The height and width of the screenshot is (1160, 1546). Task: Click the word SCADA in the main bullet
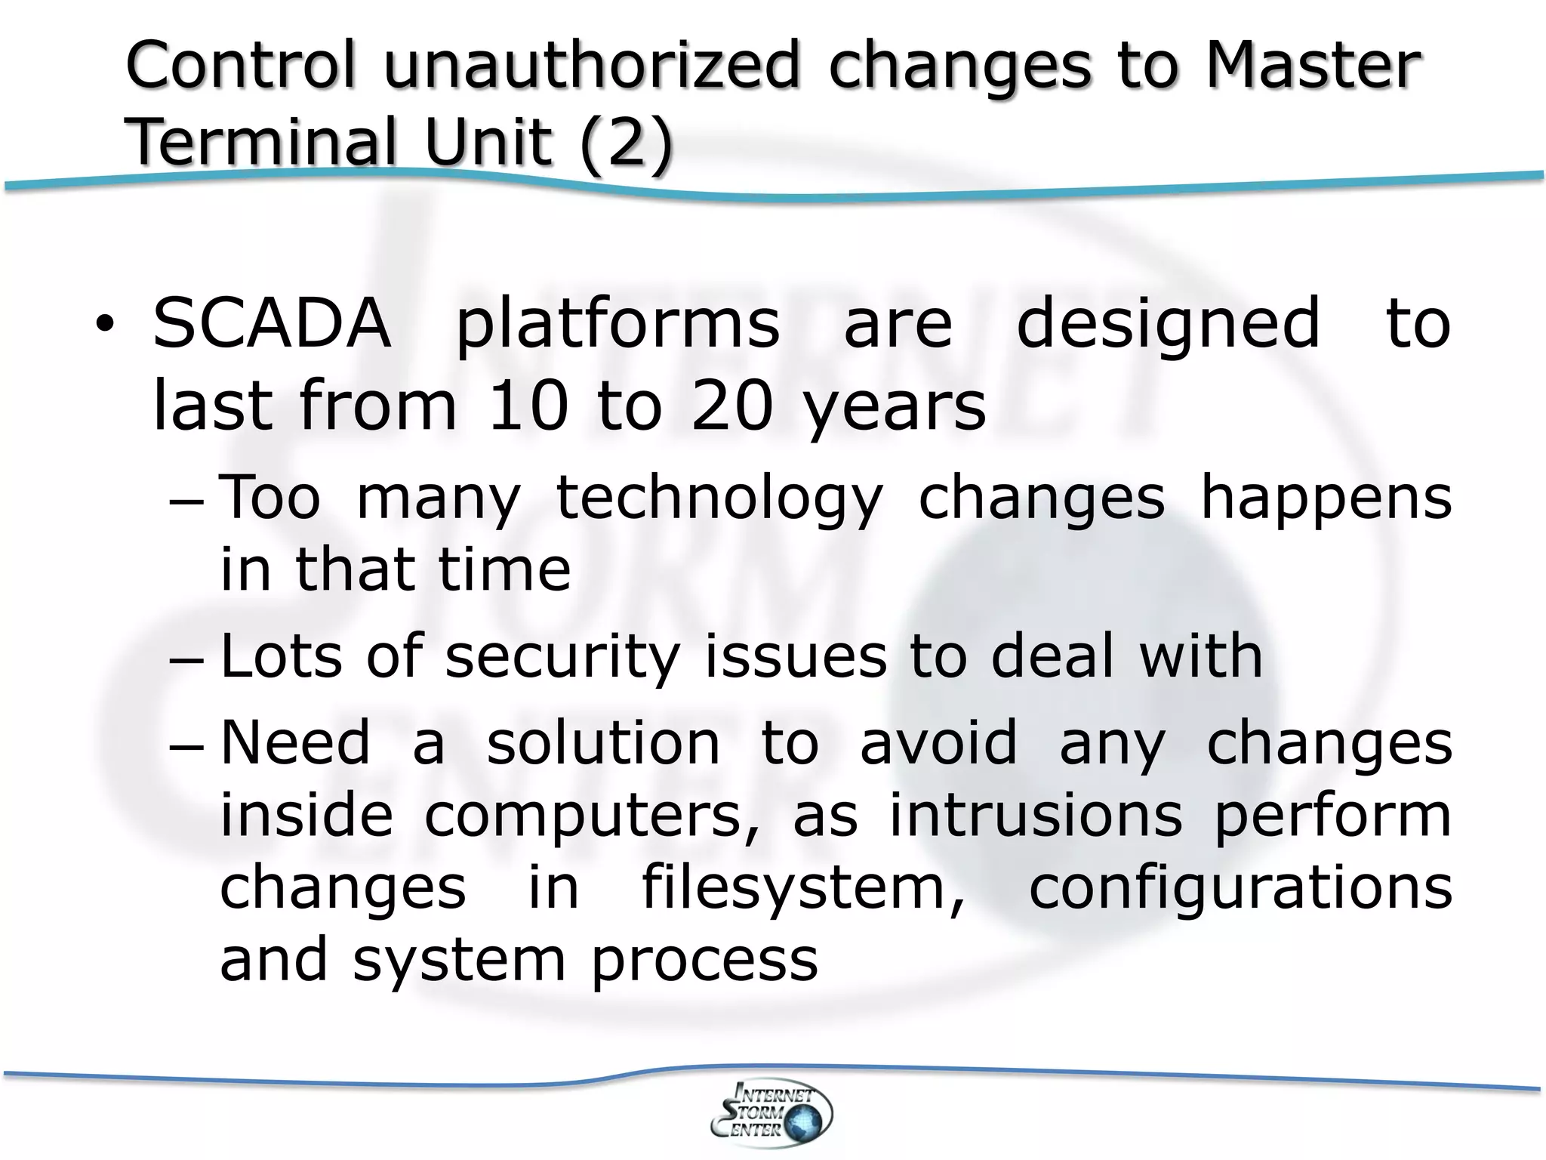click(x=272, y=324)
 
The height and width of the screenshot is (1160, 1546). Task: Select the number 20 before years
click(x=731, y=406)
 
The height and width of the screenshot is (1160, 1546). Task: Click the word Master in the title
click(x=1313, y=65)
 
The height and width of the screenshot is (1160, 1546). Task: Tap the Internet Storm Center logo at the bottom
click(x=771, y=1112)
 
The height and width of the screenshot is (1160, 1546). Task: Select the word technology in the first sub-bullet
click(x=719, y=498)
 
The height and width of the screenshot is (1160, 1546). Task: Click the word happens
click(x=1326, y=498)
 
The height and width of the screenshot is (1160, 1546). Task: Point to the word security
click(x=562, y=656)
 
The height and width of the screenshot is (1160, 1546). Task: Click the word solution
click(x=603, y=743)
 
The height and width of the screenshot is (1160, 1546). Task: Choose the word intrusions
click(x=1036, y=816)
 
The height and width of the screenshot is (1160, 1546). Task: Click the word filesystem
click(x=803, y=888)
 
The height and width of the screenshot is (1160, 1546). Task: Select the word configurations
click(x=1240, y=888)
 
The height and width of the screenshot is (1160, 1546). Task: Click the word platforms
click(x=617, y=325)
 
